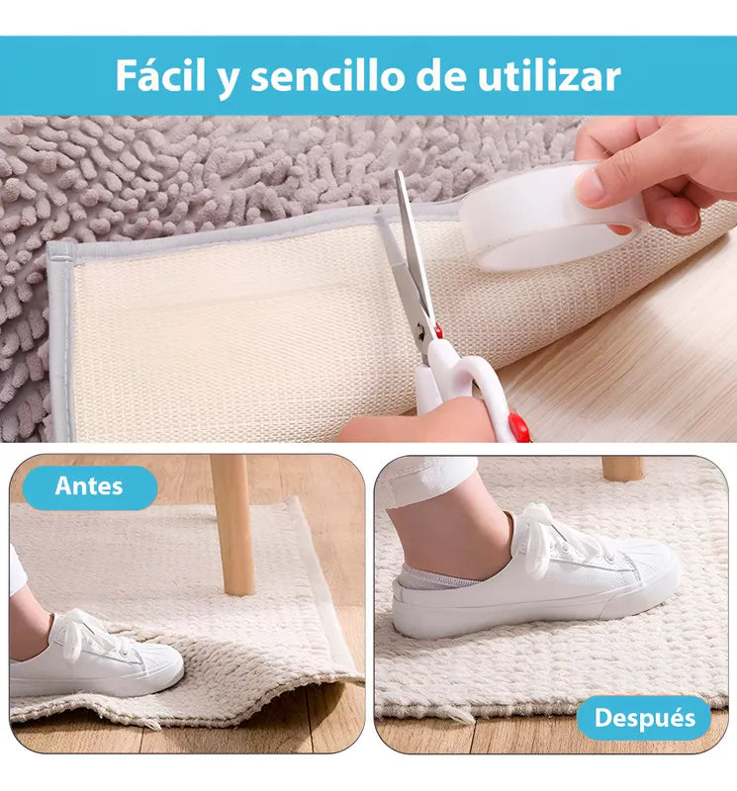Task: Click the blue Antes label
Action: [x=89, y=486]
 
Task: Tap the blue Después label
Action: [x=645, y=718]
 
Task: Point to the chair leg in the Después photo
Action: [x=623, y=468]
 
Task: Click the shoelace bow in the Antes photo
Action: [x=84, y=633]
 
